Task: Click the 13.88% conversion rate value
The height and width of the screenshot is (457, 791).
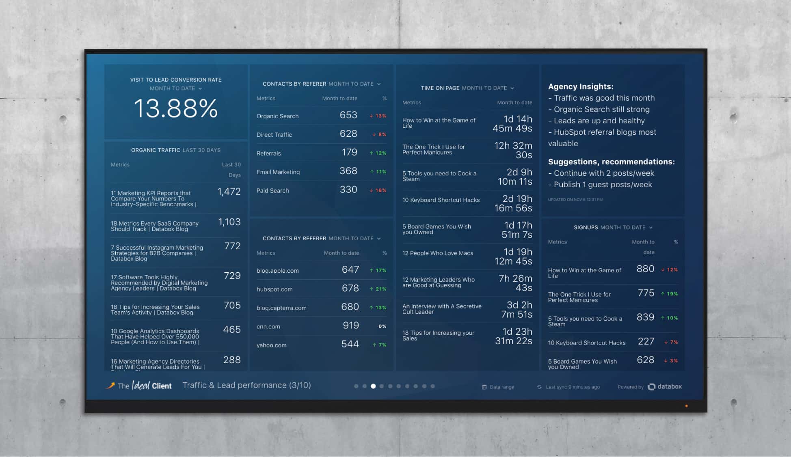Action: [175, 109]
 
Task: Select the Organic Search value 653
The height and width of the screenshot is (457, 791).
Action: [348, 115]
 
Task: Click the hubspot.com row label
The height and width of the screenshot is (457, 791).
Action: [274, 289]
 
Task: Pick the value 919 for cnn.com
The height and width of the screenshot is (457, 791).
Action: [350, 326]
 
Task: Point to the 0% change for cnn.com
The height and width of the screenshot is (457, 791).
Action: [382, 326]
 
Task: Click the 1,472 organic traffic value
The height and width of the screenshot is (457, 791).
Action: [229, 192]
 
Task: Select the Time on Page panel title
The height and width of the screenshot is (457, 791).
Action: [440, 88]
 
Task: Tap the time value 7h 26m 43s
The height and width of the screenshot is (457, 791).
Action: [515, 283]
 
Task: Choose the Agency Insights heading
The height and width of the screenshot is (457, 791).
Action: [581, 86]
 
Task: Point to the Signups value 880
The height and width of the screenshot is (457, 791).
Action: [645, 269]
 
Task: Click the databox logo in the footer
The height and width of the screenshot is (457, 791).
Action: [665, 387]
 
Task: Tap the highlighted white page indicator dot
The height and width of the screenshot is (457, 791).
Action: [373, 386]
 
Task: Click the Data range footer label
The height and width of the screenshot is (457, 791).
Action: [501, 387]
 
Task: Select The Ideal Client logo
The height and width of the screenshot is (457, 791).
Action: [139, 386]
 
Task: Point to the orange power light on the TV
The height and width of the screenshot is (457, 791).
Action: [686, 406]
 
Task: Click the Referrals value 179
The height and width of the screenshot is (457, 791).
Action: [349, 153]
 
